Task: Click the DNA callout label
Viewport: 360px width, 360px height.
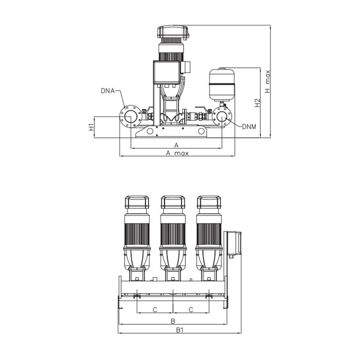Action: pos(107,91)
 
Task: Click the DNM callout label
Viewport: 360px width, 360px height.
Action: pos(249,126)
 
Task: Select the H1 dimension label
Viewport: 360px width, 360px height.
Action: pos(91,127)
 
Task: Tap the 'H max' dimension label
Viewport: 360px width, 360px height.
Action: pos(267,81)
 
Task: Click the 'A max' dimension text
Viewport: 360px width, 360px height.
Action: pos(177,153)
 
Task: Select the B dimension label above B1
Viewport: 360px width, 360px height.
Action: pos(173,321)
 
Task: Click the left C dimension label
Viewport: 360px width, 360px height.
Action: pos(155,310)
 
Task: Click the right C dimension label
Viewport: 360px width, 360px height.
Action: pos(191,310)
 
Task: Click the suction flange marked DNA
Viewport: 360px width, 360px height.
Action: pos(130,116)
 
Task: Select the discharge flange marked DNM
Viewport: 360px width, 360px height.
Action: pos(222,116)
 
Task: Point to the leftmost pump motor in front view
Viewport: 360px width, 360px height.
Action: pos(137,229)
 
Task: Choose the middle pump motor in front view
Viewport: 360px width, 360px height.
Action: pos(173,229)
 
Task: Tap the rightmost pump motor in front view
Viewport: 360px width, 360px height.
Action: pos(209,229)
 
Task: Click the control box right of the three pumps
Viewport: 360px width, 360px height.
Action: pos(234,243)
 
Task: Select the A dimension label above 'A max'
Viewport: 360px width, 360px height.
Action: pos(177,145)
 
